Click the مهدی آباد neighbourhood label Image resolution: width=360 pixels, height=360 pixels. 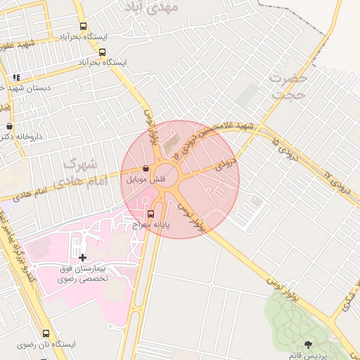pos(151,6)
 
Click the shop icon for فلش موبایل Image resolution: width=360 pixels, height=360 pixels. pos(146,169)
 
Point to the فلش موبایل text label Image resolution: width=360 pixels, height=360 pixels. pos(146,180)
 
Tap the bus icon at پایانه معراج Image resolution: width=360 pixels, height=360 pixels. pos(150,213)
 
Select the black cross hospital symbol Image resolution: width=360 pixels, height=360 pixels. pos(83,258)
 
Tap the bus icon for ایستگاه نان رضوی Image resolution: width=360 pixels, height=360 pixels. pos(46,334)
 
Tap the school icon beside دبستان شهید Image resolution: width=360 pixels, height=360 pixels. pos(16,77)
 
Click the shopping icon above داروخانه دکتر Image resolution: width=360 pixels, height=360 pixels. pos(9,127)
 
